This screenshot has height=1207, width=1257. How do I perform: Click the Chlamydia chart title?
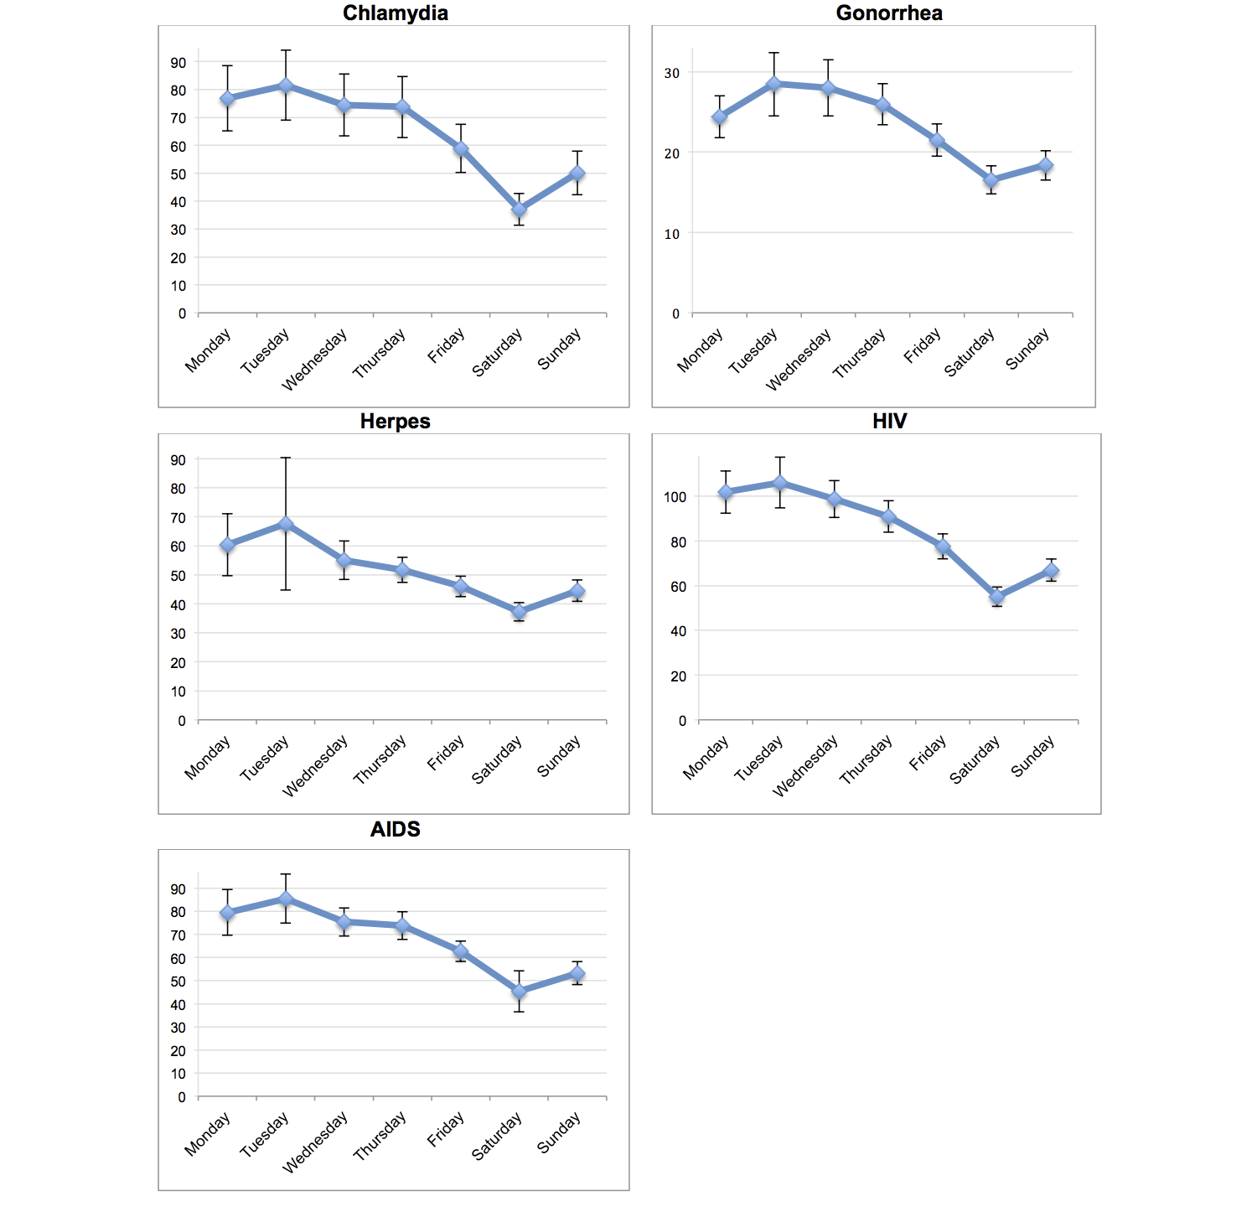(x=395, y=13)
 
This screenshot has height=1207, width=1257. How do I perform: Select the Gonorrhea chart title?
(x=889, y=13)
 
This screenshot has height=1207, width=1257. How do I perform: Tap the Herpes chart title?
(x=395, y=422)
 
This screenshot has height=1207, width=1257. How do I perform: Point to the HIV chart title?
(x=889, y=422)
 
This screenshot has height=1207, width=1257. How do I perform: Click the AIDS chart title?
(x=395, y=830)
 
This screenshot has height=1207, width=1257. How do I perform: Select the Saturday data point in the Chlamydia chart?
(x=519, y=210)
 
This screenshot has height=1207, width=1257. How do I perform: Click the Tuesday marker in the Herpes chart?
(x=286, y=525)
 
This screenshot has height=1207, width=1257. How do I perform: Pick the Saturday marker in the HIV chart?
(x=996, y=597)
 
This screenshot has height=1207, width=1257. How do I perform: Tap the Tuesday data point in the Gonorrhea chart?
(x=774, y=84)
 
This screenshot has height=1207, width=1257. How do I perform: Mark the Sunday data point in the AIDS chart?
(x=577, y=974)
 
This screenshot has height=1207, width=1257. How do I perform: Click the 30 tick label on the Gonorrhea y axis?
(x=672, y=74)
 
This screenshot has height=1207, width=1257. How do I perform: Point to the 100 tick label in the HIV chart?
(x=675, y=497)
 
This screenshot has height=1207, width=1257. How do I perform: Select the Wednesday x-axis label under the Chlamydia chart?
(x=315, y=360)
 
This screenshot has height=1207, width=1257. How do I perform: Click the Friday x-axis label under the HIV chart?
(x=928, y=753)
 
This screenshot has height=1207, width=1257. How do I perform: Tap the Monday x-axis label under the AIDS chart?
(x=208, y=1135)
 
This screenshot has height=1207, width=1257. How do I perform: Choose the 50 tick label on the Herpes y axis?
(x=178, y=576)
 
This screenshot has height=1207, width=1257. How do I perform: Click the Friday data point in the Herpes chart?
(x=460, y=587)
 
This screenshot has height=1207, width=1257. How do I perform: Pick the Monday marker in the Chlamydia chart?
(x=227, y=99)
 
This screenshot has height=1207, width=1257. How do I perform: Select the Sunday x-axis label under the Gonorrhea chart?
(x=1027, y=350)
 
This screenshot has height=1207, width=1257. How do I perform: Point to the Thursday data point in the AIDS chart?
(x=402, y=926)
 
